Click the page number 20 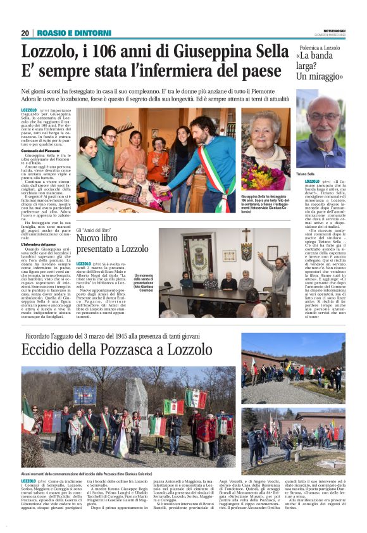pos(25,33)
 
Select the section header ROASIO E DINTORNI pos(66,33)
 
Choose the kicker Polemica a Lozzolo pos(319,47)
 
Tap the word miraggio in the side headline pos(319,77)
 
